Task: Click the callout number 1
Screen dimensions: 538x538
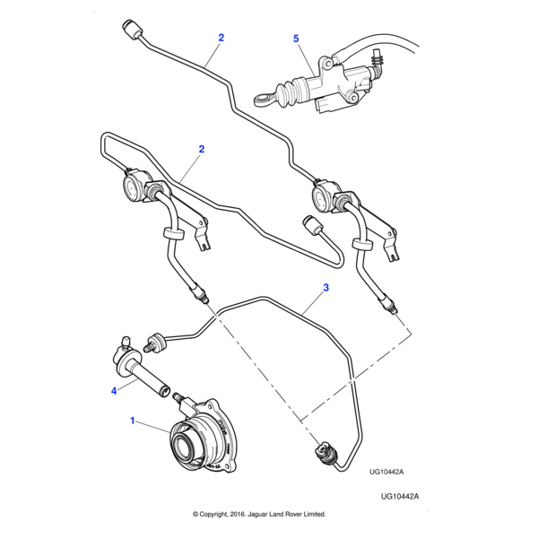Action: click(134, 420)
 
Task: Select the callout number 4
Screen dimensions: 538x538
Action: click(114, 390)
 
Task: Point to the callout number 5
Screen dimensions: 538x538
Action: click(296, 39)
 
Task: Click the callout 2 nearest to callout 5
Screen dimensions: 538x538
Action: click(221, 38)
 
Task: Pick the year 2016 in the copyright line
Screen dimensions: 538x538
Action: click(239, 515)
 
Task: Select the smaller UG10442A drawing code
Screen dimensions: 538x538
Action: click(386, 472)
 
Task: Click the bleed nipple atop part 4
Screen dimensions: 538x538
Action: click(124, 341)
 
